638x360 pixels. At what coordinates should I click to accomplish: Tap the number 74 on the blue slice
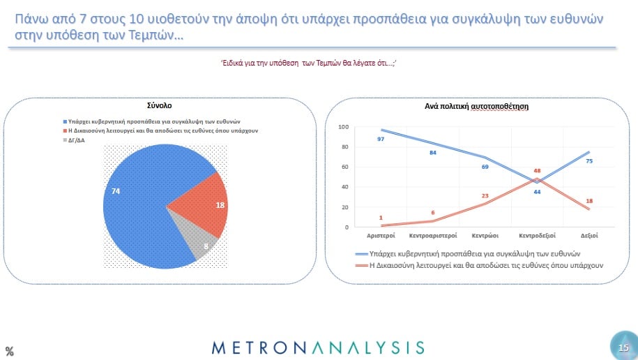pyautogui.click(x=116, y=191)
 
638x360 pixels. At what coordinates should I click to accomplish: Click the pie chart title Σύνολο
pyautogui.click(x=160, y=105)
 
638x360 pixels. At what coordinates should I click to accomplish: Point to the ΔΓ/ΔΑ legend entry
pyautogui.click(x=74, y=140)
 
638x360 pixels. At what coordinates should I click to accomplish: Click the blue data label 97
pyautogui.click(x=381, y=140)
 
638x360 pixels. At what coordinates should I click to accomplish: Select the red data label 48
pyautogui.click(x=537, y=171)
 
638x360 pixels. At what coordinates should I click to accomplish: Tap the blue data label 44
pyautogui.click(x=537, y=192)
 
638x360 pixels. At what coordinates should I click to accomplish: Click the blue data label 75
pyautogui.click(x=589, y=161)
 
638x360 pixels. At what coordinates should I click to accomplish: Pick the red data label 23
pyautogui.click(x=485, y=196)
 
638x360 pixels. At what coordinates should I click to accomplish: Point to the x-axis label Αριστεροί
pyautogui.click(x=381, y=236)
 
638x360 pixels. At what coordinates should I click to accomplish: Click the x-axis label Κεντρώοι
pyautogui.click(x=485, y=236)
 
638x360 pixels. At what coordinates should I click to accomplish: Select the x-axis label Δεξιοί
pyautogui.click(x=589, y=236)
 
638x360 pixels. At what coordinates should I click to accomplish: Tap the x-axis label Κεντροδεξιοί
pyautogui.click(x=537, y=236)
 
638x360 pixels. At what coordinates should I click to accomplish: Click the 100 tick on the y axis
pyautogui.click(x=344, y=127)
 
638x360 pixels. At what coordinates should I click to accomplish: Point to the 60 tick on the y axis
pyautogui.click(x=345, y=167)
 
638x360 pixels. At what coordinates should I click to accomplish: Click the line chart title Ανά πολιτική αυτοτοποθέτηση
pyautogui.click(x=476, y=107)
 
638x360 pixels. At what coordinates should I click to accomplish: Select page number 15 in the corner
pyautogui.click(x=623, y=347)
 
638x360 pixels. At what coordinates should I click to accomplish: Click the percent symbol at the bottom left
pyautogui.click(x=9, y=351)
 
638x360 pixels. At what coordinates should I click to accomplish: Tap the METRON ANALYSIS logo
pyautogui.click(x=318, y=347)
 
